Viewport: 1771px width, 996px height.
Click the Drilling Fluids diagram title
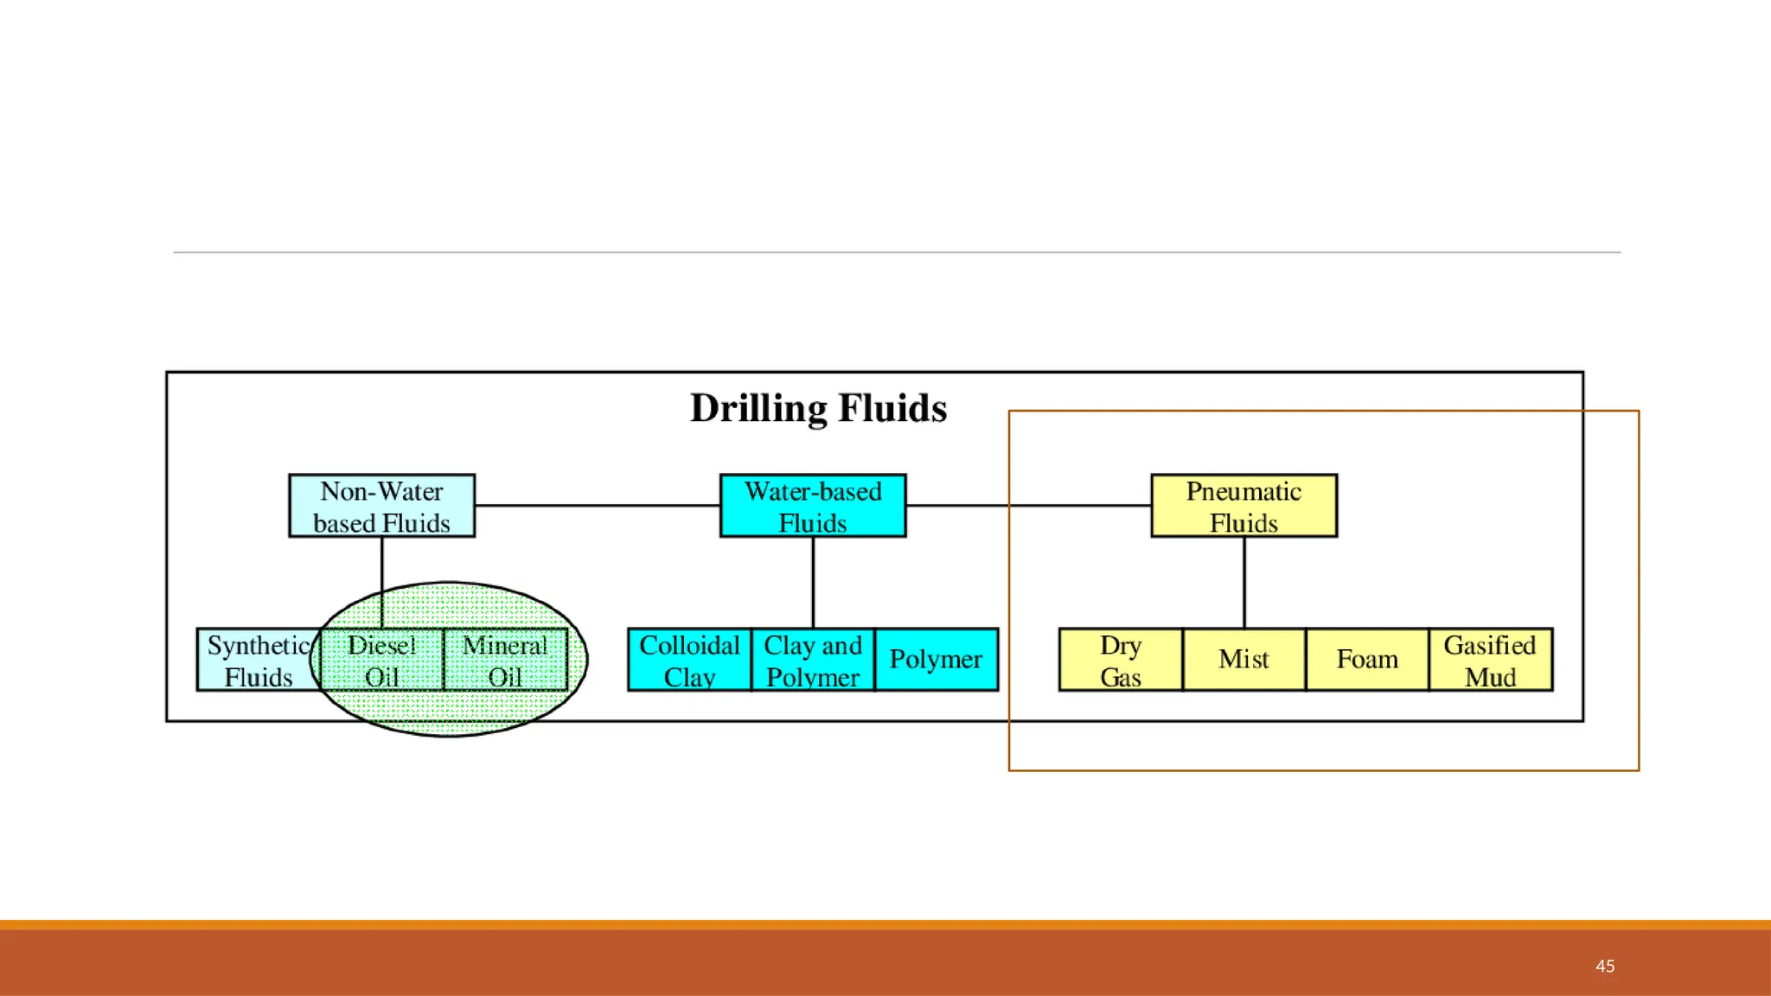tap(818, 408)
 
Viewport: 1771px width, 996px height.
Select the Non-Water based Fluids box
tap(381, 506)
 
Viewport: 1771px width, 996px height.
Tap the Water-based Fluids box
tap(813, 506)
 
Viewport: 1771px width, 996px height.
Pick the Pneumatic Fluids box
tap(1244, 506)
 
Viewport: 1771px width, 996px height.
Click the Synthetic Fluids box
tap(258, 660)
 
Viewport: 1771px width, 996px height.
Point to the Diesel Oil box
tap(381, 660)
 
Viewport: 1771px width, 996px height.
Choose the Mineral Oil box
tap(505, 660)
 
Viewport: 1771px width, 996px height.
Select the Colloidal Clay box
tap(689, 660)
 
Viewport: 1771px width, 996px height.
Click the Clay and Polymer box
tap(813, 660)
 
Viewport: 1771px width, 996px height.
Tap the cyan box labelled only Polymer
tap(936, 660)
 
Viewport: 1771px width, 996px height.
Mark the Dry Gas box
tap(1121, 660)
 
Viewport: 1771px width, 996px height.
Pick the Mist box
tap(1244, 660)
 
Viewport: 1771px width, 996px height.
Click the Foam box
tap(1367, 660)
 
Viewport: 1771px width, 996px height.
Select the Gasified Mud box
tap(1490, 660)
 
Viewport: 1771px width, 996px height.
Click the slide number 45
tap(1605, 966)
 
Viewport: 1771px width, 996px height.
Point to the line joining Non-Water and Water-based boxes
tap(597, 506)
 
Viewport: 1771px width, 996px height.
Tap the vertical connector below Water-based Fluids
tap(813, 582)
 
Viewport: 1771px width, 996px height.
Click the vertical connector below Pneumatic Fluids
tap(1244, 582)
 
